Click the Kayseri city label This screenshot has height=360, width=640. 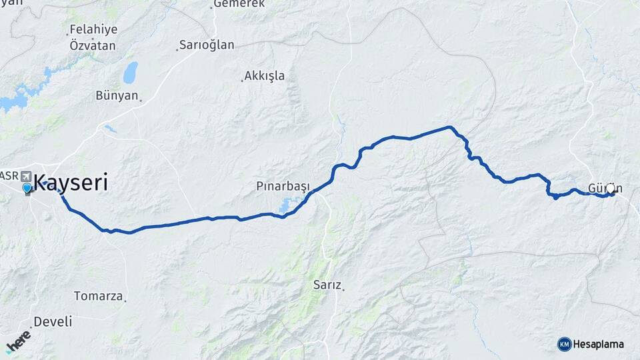(70, 182)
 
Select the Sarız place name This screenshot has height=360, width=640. (327, 285)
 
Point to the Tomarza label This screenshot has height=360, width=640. (98, 295)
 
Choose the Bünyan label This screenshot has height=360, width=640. (117, 95)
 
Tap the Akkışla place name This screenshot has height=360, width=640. (264, 75)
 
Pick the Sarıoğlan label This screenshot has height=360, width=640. (207, 45)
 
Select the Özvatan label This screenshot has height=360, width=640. (93, 45)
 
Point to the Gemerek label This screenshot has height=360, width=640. (230, 4)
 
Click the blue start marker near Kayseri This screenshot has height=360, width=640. (27, 189)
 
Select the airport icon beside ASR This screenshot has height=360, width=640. (26, 177)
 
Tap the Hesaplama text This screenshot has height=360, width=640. (599, 344)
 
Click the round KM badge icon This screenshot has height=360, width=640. (565, 344)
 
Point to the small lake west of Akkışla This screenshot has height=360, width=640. (130, 72)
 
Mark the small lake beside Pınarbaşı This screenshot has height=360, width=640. (289, 206)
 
